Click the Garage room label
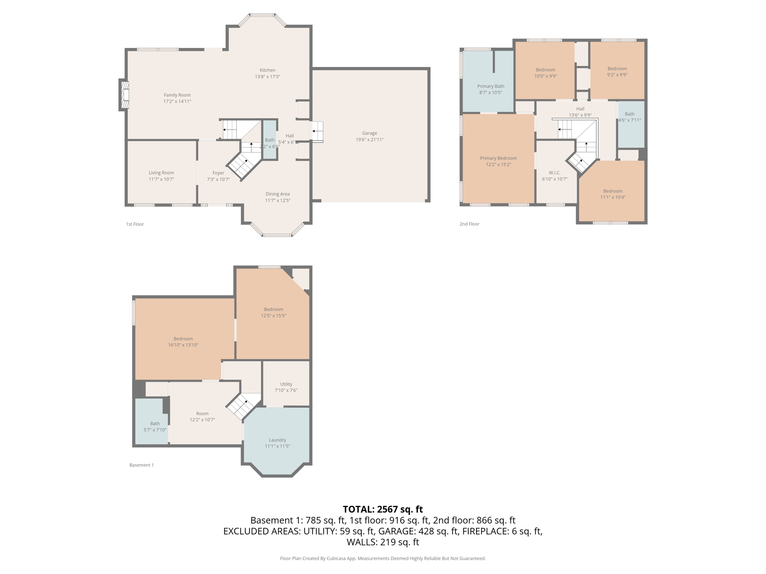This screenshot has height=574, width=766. [x=369, y=133]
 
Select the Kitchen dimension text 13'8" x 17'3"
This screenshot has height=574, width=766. [x=267, y=77]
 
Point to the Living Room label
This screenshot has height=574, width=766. [x=161, y=173]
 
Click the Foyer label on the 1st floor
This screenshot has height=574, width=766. [x=218, y=173]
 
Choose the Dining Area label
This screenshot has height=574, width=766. [x=278, y=194]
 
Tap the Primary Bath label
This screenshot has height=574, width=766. [x=490, y=86]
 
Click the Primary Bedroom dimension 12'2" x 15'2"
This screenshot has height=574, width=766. [x=498, y=164]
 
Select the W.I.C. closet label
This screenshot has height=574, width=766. [x=554, y=173]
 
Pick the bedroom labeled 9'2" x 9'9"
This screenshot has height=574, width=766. [x=617, y=71]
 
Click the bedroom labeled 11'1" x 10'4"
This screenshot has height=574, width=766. [x=613, y=194]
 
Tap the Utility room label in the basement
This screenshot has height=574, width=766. [x=286, y=384]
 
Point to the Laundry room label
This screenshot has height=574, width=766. [x=277, y=440]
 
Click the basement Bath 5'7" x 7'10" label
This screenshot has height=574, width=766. [x=155, y=426]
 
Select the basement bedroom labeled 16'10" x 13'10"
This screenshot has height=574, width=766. [x=183, y=342]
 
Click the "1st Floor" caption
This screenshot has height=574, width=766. [x=135, y=224]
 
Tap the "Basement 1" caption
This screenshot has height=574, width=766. [x=141, y=465]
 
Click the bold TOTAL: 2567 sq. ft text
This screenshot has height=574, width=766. [x=383, y=509]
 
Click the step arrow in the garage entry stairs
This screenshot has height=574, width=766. [x=315, y=131]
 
